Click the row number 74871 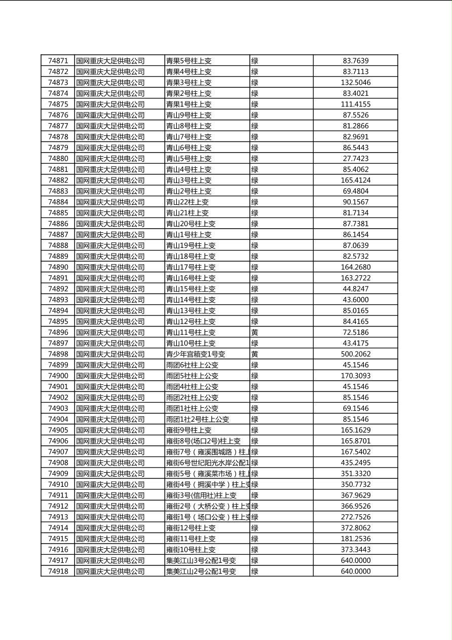[x=58, y=61]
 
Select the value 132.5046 [x=355, y=83]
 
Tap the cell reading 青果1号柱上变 [x=189, y=104]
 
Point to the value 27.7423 [x=355, y=159]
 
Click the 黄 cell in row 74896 [x=255, y=333]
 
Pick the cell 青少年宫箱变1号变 [x=196, y=354]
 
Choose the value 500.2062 [x=355, y=354]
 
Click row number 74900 [x=58, y=376]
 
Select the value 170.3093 [x=355, y=376]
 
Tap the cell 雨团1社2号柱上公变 [x=198, y=419]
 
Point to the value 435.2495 [x=355, y=463]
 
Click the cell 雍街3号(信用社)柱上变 [x=201, y=495]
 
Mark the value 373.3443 [x=355, y=550]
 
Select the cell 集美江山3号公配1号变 [x=201, y=561]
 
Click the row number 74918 [x=58, y=572]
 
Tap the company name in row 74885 [x=110, y=213]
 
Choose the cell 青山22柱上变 [x=187, y=202]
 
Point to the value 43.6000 [x=355, y=300]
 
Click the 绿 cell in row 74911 [x=255, y=495]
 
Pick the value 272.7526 [x=355, y=517]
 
